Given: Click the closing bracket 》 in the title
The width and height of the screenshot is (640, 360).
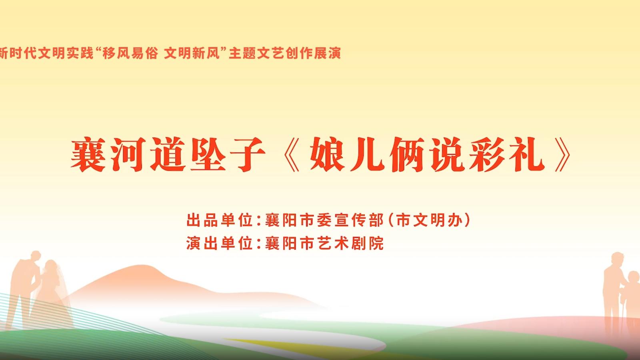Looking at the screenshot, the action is coord(562,154).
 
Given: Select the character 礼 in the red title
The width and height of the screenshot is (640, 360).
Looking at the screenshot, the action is coord(528,154).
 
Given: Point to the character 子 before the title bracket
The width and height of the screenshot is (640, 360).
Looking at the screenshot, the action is coord(248,154).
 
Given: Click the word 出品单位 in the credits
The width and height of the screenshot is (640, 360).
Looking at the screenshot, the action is coord(220,220).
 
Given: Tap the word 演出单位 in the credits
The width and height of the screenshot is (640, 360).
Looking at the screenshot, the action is coord(220,243).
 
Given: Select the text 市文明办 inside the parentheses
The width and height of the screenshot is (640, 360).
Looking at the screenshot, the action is coord(430,220).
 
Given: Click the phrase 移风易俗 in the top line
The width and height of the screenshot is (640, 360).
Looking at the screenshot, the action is coord(130,54).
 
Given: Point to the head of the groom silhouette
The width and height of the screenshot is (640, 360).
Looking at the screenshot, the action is coord(36,256).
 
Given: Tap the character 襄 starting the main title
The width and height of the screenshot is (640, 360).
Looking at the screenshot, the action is coord(88,154).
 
